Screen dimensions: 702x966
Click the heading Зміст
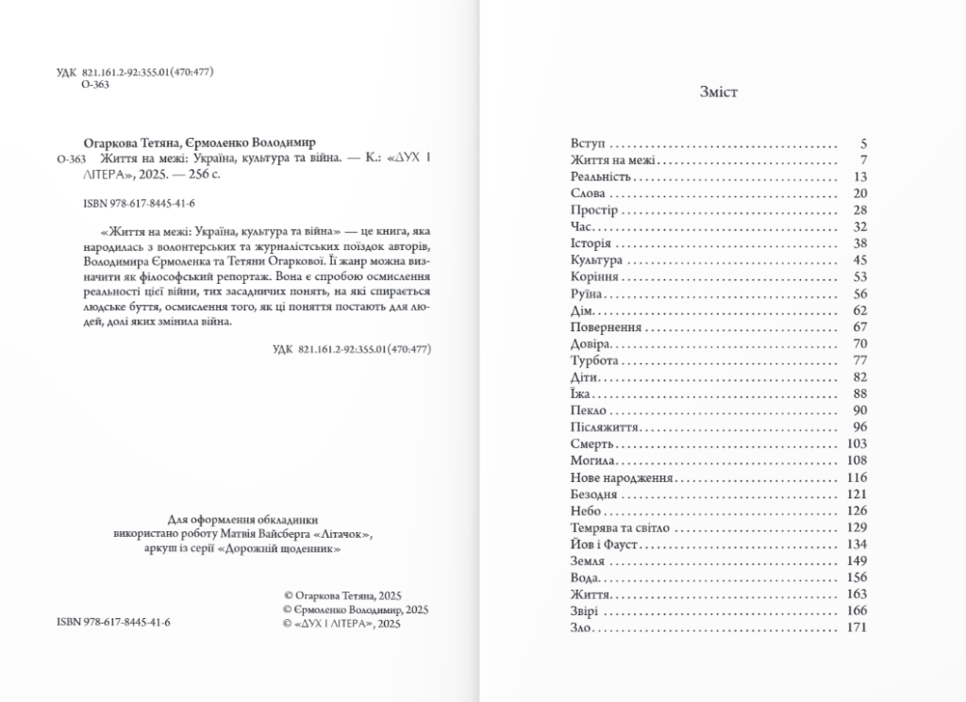[719, 92]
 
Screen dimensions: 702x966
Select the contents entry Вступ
[587, 144]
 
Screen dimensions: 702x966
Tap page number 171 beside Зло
[857, 628]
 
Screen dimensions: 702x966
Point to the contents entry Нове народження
[621, 478]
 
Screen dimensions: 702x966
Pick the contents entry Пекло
[589, 409]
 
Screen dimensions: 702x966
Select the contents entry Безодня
[594, 494]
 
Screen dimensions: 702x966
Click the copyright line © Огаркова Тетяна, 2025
[342, 596]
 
